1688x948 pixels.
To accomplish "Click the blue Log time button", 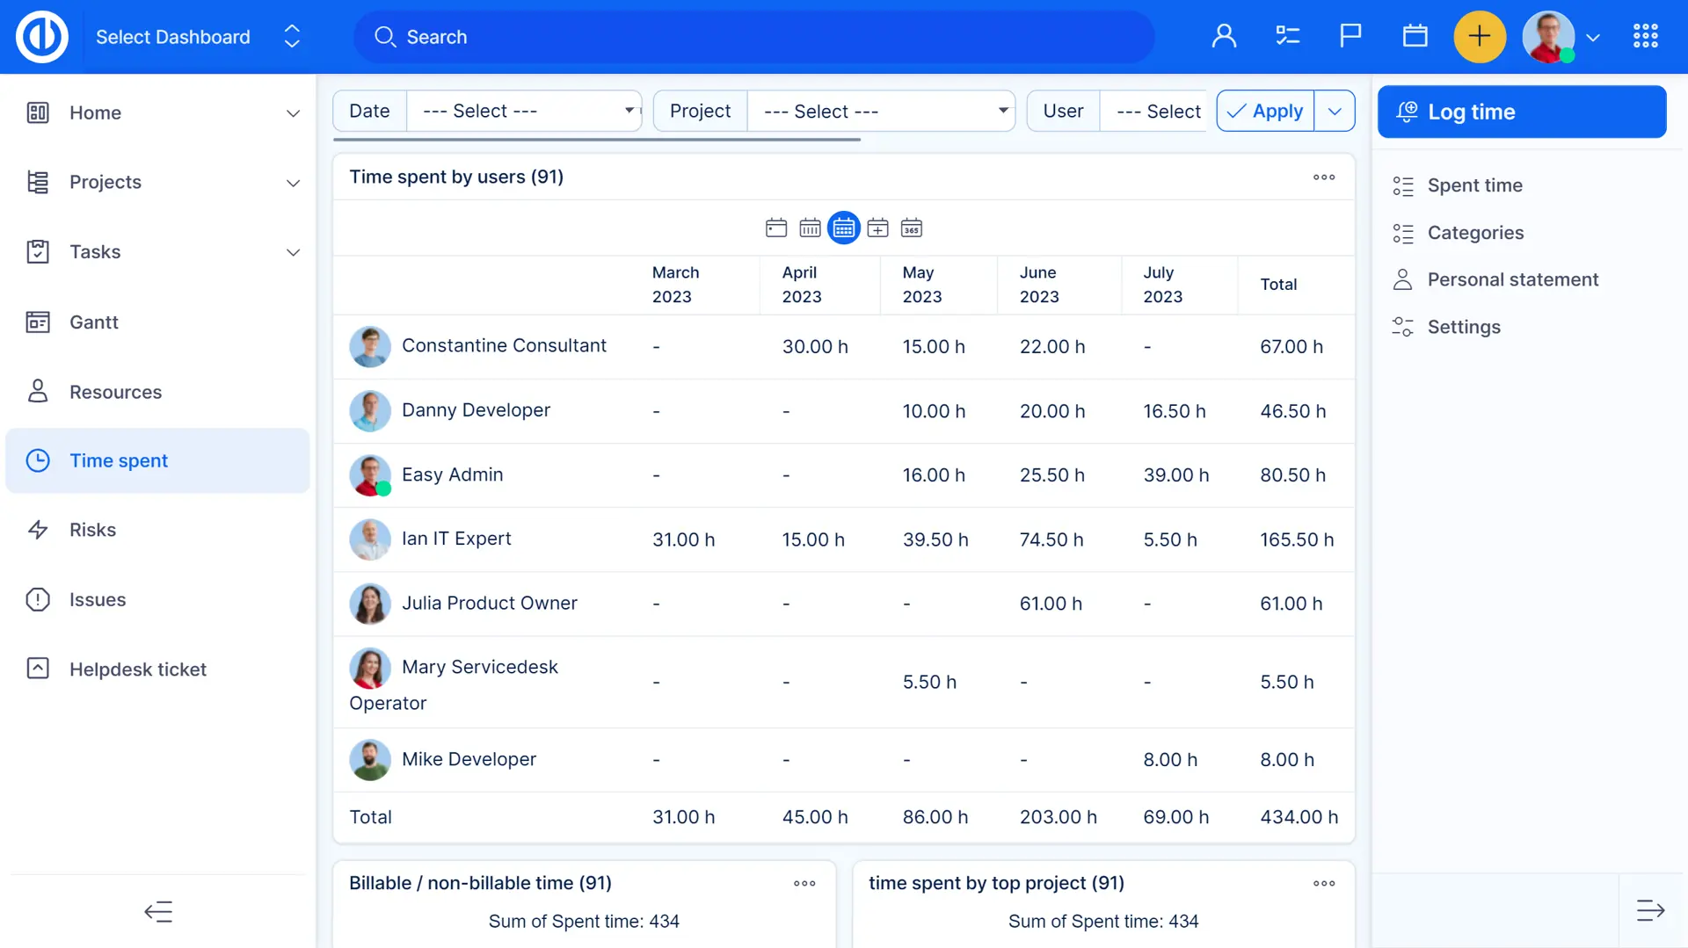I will (x=1521, y=112).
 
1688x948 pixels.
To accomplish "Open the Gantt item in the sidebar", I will (x=93, y=322).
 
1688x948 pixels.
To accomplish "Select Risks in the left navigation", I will (x=92, y=530).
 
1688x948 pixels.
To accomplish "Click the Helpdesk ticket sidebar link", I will (x=137, y=669).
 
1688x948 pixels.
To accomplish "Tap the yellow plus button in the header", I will (x=1480, y=37).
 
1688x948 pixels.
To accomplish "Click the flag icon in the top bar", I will (x=1350, y=36).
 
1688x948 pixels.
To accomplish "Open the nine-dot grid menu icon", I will (x=1645, y=36).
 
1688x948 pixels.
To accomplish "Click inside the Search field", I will (x=756, y=37).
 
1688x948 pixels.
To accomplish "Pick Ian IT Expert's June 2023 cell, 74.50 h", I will (x=1051, y=539).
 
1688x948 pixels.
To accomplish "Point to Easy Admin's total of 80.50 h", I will (x=1292, y=475).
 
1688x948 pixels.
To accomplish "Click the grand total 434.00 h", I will (x=1299, y=817).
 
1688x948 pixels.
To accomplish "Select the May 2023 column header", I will (x=921, y=285).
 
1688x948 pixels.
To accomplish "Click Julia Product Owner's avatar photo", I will (x=370, y=604).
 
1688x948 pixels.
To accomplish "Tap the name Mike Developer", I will (x=469, y=759).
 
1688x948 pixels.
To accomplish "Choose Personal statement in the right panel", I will (x=1512, y=279).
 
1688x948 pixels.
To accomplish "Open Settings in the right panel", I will (x=1464, y=327).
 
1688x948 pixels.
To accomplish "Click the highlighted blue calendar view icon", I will (x=844, y=228).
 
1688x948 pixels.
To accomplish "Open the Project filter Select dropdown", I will (x=881, y=112).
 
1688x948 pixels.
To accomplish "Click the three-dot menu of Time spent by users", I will (x=1324, y=177).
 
